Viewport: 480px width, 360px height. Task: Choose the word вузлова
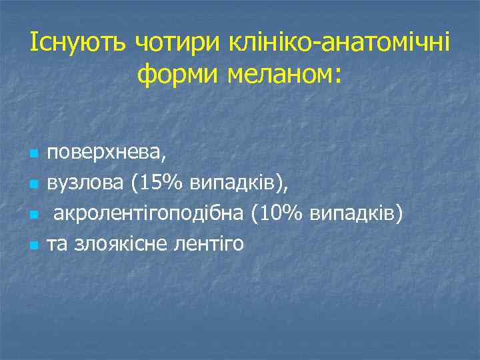83,183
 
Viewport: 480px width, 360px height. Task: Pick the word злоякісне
114,245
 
